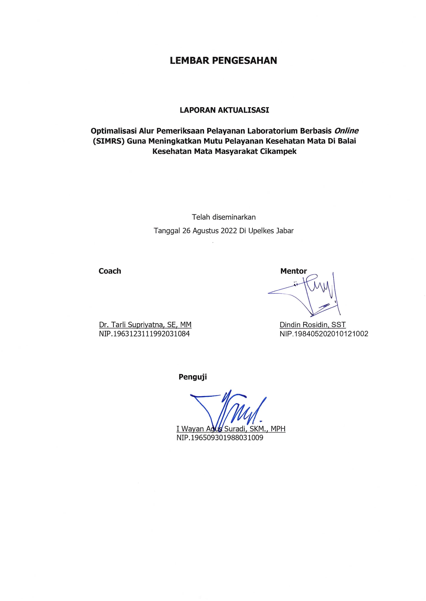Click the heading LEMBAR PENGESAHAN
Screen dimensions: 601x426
tap(223, 61)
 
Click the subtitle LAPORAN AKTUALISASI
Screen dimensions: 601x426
tap(224, 110)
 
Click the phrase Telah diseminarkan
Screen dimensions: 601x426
tap(224, 217)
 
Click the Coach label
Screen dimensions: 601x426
tap(110, 271)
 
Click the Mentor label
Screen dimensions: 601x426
tap(293, 271)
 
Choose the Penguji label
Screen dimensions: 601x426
tap(193, 377)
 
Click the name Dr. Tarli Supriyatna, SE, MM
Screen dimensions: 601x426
tap(145, 325)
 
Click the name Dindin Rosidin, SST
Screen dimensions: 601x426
tap(312, 325)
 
